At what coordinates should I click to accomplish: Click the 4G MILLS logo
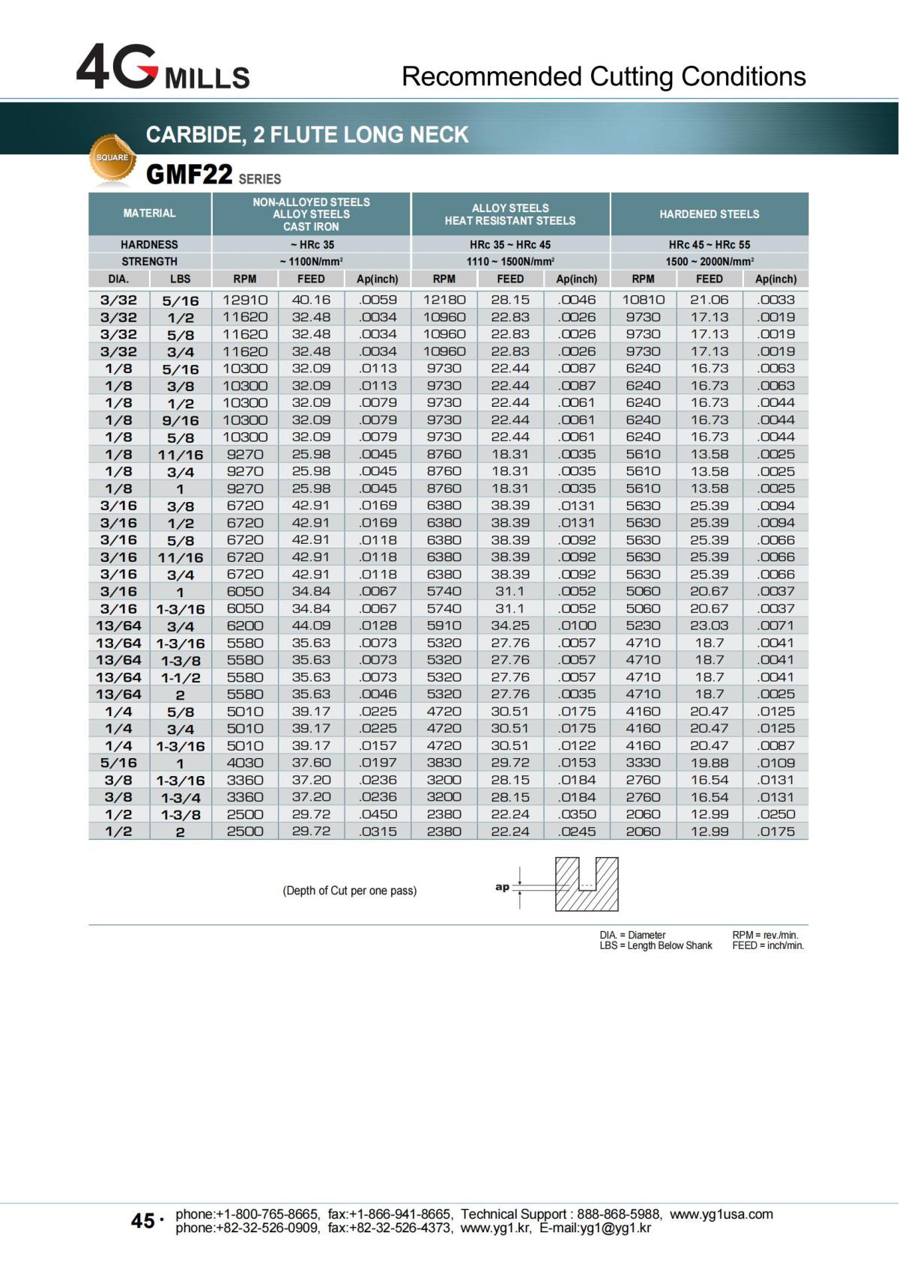coord(163,68)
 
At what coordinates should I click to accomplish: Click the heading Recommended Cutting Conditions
coord(603,76)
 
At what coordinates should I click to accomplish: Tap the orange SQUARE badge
coord(112,158)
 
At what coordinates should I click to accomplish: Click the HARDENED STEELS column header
coord(709,214)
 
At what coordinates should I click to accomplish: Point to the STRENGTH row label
coord(150,261)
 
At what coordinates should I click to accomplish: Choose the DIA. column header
coord(118,279)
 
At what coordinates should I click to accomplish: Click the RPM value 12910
coord(245,300)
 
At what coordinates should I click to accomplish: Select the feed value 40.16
coord(311,300)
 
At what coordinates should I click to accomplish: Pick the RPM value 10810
coord(643,300)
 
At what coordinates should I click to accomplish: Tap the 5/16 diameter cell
coord(118,763)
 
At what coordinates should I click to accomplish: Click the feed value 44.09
coord(311,626)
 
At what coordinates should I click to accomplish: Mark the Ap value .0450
coord(378,814)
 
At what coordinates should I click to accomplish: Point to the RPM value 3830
coord(444,763)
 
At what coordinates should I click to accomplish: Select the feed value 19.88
coord(709,763)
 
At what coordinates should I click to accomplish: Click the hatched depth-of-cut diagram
coord(586,884)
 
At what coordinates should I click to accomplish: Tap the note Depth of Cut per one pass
coord(349,891)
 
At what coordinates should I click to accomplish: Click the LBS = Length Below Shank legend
coord(656,945)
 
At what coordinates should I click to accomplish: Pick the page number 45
coord(142,1221)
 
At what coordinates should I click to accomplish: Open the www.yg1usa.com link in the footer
coord(721,1214)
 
